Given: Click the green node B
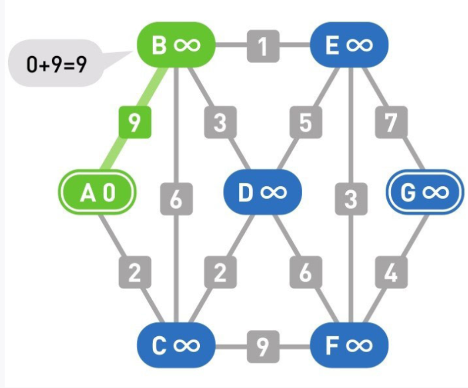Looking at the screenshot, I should (176, 45).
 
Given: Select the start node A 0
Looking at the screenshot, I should (97, 193).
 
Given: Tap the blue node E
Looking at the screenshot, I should (349, 45).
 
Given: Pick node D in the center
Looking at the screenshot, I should (262, 192).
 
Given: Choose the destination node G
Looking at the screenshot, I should (425, 193).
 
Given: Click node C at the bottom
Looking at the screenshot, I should (176, 346).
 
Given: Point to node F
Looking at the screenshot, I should (349, 346).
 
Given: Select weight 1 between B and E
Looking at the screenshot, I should (263, 46).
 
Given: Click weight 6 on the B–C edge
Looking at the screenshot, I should (176, 199).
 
